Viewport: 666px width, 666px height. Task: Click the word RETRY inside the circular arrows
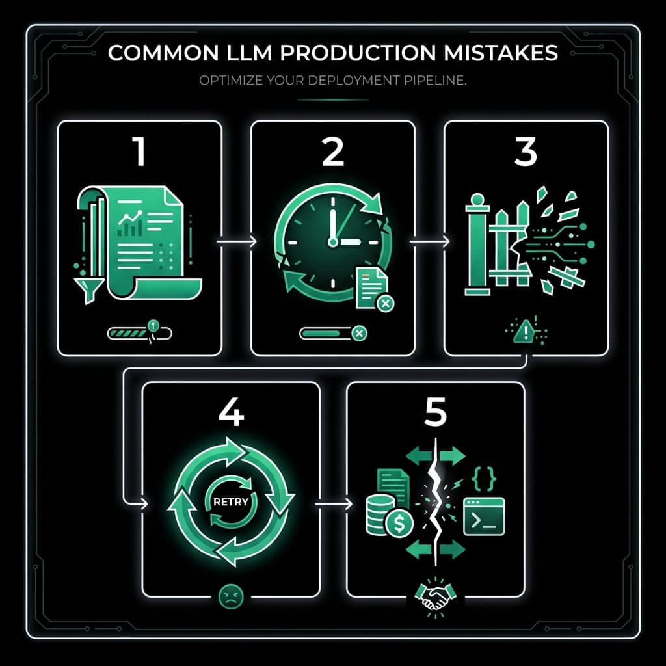click(231, 501)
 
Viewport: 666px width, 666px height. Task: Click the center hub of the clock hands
click(333, 242)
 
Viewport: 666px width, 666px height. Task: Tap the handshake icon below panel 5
click(435, 596)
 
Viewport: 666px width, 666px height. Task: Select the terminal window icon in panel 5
click(483, 516)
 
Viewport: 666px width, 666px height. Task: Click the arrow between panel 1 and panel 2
click(235, 241)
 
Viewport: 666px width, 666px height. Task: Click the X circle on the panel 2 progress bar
click(358, 334)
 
